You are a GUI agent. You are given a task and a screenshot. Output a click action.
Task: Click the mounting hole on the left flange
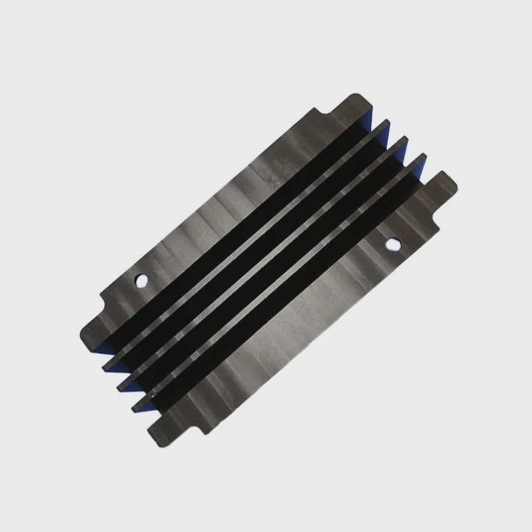(140, 281)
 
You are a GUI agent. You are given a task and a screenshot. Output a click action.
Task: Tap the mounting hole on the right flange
(392, 242)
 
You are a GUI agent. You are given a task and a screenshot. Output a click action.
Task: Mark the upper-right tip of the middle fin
(402, 141)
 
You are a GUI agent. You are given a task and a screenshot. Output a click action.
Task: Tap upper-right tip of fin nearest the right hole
(423, 158)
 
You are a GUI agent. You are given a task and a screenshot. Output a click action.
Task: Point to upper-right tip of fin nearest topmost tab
(384, 124)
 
